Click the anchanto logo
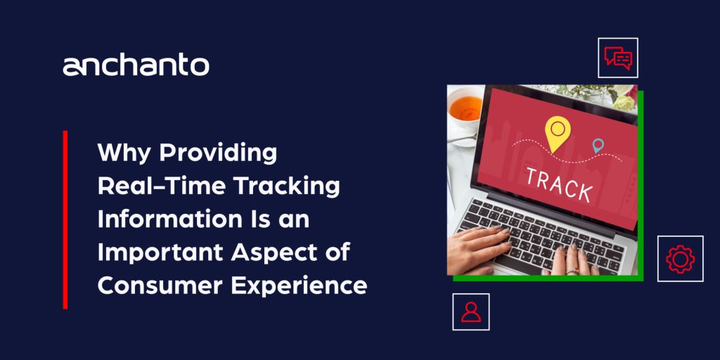coord(136,65)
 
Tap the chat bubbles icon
coord(618,58)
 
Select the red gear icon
coord(680,258)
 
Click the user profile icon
coord(471,311)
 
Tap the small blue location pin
coord(598,146)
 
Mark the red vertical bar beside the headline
coord(65,219)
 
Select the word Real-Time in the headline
coord(153,186)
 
